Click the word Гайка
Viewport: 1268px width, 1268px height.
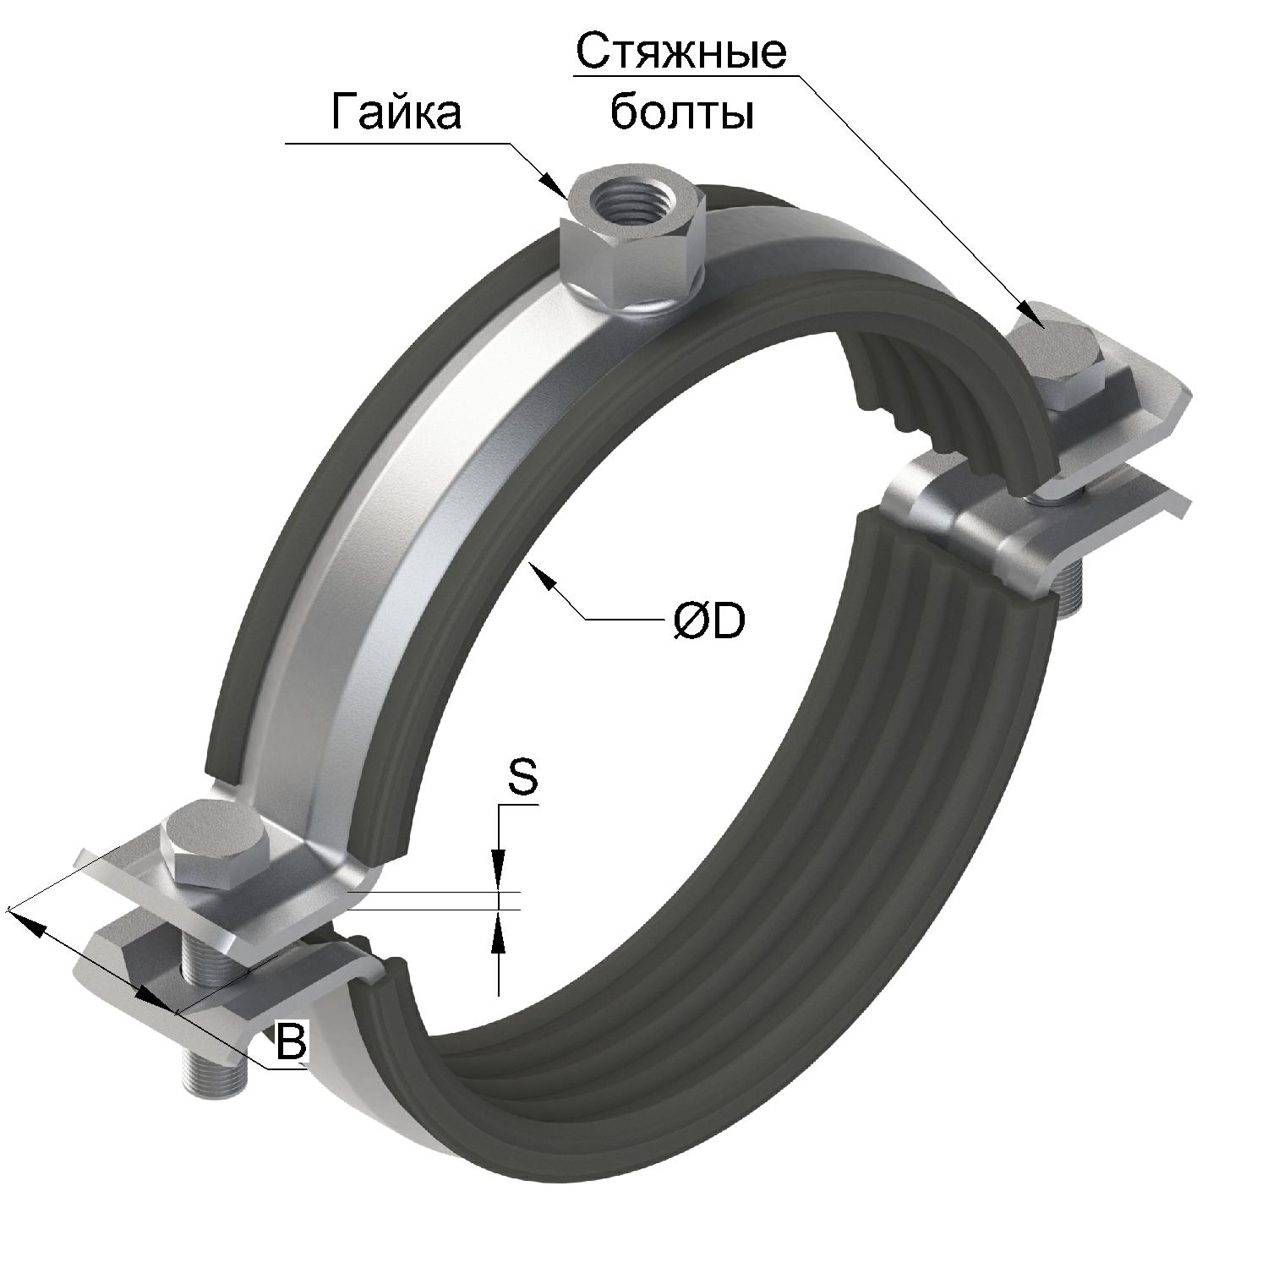tap(396, 112)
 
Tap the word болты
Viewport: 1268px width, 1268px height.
tap(681, 112)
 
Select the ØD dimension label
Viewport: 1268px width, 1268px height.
tap(708, 620)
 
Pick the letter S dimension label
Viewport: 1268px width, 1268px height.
tap(522, 778)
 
